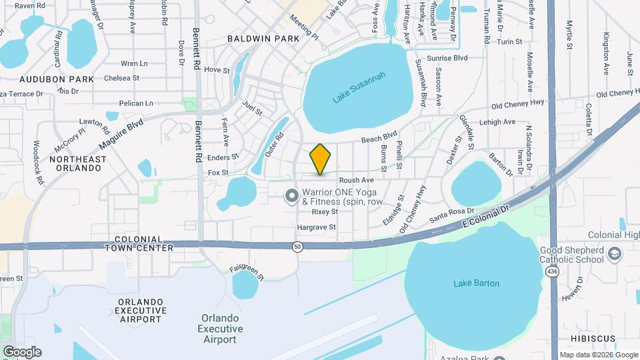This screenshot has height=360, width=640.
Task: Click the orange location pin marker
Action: coord(320,159)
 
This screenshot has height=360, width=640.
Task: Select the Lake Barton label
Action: coord(476,283)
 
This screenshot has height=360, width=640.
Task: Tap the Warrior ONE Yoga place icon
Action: coord(291,196)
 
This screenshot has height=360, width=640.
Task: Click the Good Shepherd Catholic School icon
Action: coord(615,253)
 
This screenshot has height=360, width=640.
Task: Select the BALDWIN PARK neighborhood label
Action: coord(263,39)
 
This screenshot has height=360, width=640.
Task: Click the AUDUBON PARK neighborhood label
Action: coord(47,79)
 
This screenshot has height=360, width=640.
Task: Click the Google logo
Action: coord(22,352)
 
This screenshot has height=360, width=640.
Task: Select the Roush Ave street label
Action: coord(355,181)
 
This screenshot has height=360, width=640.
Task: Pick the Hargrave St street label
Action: coord(316,227)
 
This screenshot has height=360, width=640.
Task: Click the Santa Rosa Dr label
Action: coord(451,215)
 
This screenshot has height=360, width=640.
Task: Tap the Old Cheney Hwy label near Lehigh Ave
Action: coord(517,105)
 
